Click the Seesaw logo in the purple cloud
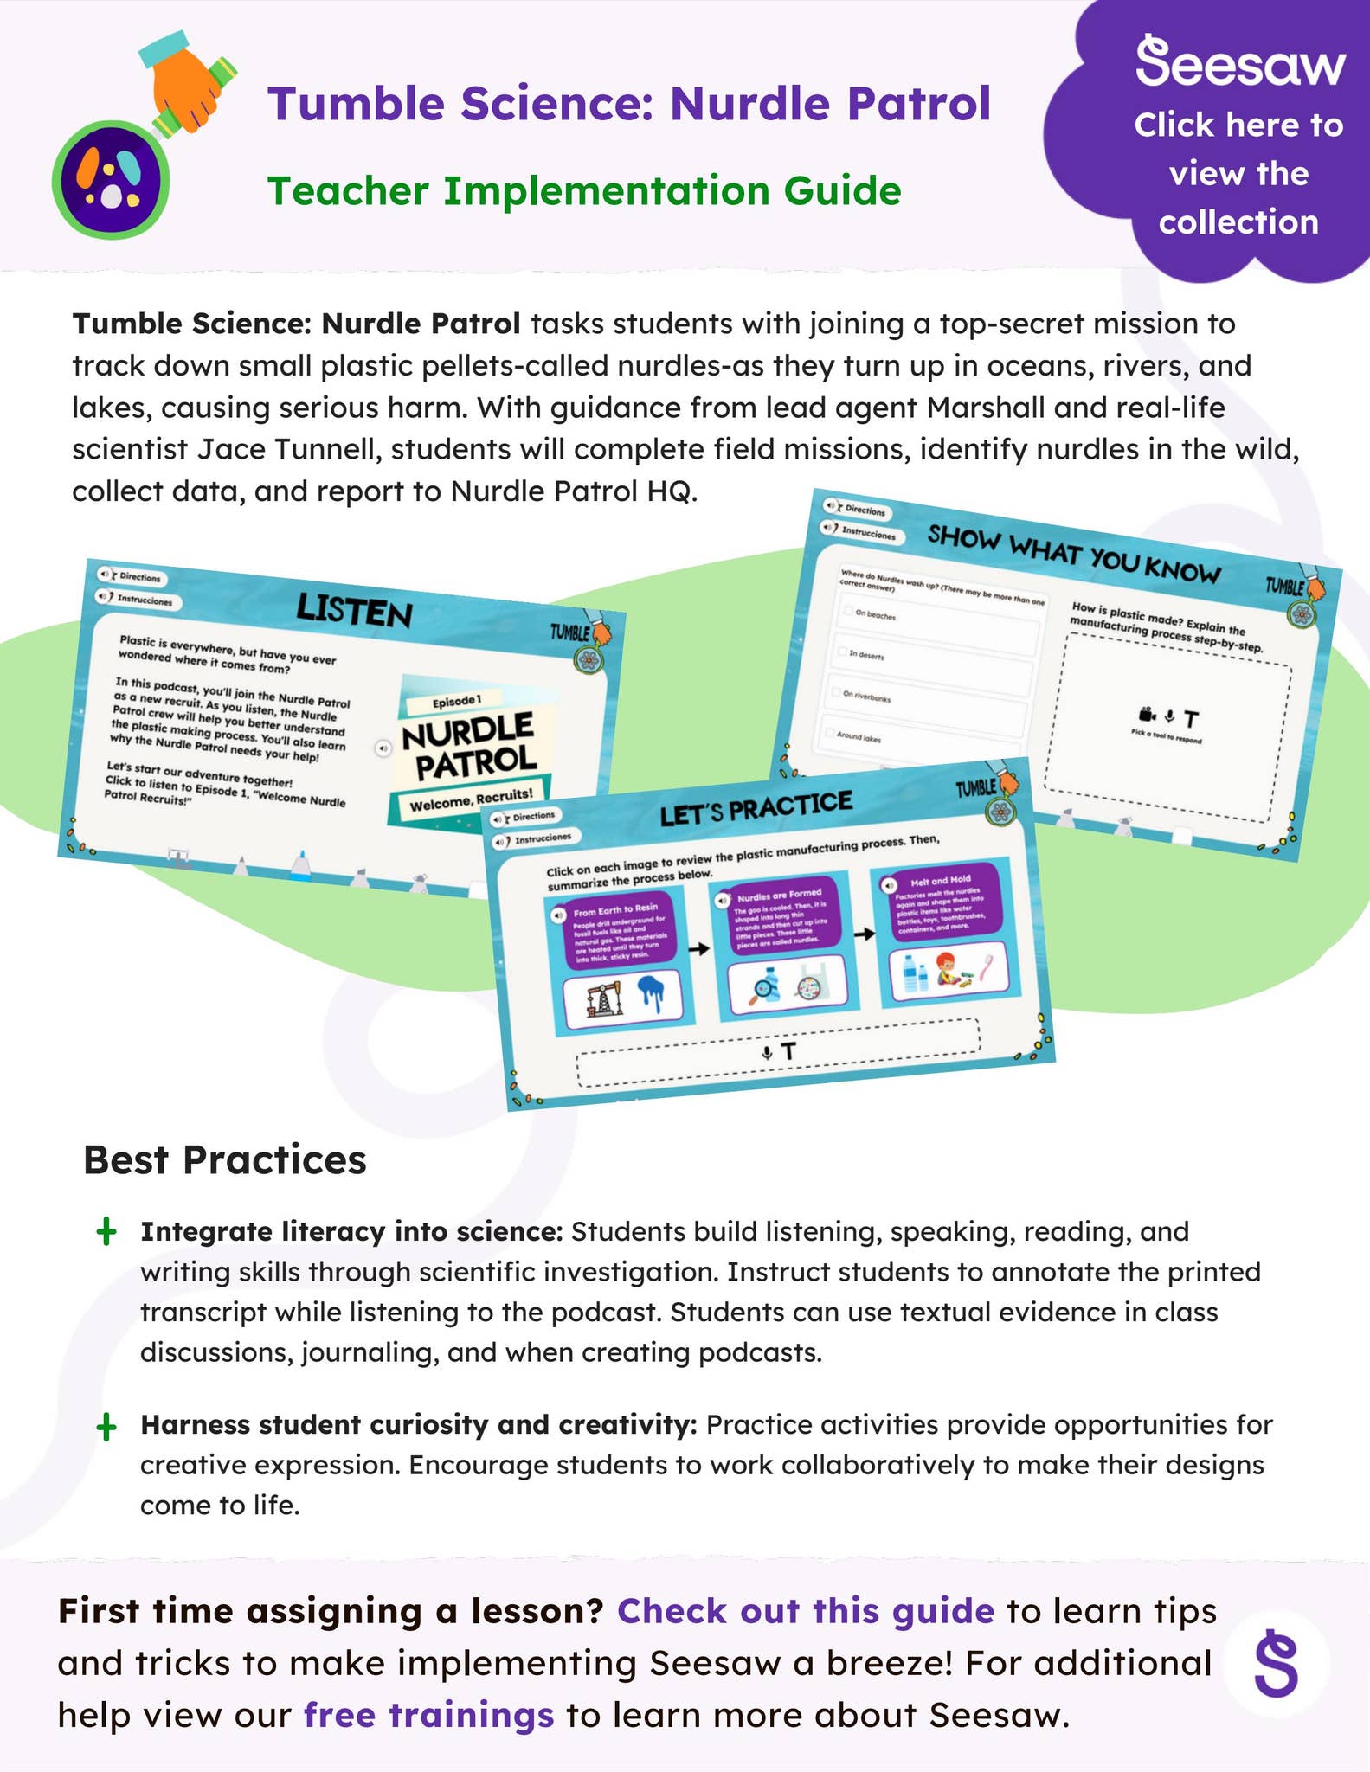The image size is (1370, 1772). point(1239,62)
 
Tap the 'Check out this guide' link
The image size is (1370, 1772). point(805,1611)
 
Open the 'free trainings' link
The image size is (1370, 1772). point(428,1714)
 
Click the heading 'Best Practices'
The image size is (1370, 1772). point(225,1159)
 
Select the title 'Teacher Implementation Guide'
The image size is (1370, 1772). point(584,191)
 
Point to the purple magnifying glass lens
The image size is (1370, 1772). point(111,180)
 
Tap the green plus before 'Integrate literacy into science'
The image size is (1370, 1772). point(106,1232)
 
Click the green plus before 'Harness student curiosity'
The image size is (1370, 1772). point(106,1427)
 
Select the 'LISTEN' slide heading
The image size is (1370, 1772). point(355,611)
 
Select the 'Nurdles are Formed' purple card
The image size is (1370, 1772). point(778,917)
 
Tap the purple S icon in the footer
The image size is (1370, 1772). point(1277,1663)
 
